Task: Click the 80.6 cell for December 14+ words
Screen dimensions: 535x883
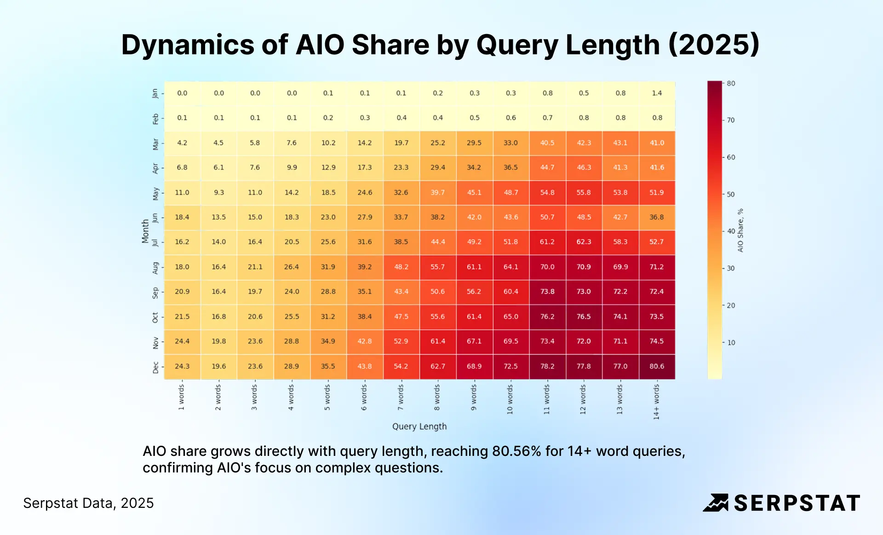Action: click(657, 366)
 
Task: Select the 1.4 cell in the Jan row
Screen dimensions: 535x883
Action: click(657, 93)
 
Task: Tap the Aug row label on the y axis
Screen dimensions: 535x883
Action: click(155, 267)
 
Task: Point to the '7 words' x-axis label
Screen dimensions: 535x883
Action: click(401, 397)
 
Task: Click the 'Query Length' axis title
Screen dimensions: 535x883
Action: click(419, 426)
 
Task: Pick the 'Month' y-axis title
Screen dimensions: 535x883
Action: click(145, 230)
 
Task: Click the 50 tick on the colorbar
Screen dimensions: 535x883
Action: click(730, 194)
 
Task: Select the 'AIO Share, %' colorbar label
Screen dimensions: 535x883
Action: click(740, 230)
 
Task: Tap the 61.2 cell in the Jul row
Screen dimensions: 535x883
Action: click(547, 242)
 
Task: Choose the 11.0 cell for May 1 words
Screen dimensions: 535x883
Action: click(182, 192)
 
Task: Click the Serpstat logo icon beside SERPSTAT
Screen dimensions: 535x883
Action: click(716, 503)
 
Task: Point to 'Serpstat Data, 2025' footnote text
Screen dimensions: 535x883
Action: click(88, 503)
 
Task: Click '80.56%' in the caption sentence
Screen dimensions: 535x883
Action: click(516, 451)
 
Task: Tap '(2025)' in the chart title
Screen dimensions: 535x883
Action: click(713, 45)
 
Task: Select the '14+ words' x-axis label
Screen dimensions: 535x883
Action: click(656, 402)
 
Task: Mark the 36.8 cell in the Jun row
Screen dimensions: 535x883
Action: click(657, 217)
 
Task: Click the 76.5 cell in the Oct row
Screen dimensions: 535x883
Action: click(584, 316)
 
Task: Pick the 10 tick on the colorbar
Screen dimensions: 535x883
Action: click(731, 343)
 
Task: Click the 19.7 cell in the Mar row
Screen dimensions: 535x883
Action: click(401, 143)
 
